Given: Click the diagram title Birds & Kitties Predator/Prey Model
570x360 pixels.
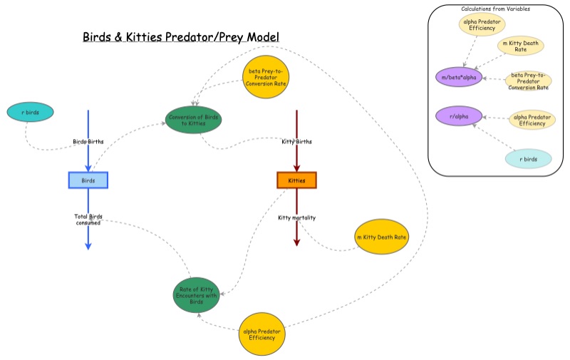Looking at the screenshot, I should pyautogui.click(x=181, y=36).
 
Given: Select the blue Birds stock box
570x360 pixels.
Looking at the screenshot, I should pyautogui.click(x=88, y=180).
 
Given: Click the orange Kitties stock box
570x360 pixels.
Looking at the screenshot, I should pyautogui.click(x=296, y=180).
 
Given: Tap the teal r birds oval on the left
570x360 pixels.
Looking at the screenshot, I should pyautogui.click(x=30, y=113).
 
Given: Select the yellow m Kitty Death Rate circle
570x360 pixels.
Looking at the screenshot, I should pyautogui.click(x=381, y=237).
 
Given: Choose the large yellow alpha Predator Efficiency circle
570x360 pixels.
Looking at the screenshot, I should pyautogui.click(x=262, y=334).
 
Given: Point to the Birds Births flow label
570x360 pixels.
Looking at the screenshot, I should pyautogui.click(x=88, y=141).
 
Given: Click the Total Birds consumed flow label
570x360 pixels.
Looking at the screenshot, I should pyautogui.click(x=88, y=220).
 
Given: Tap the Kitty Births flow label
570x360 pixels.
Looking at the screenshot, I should pyautogui.click(x=296, y=141).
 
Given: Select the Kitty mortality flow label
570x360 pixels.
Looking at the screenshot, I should pyautogui.click(x=296, y=217).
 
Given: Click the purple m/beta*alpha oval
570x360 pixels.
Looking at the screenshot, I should pyautogui.click(x=459, y=76).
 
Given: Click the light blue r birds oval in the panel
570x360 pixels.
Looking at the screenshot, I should pyautogui.click(x=528, y=159).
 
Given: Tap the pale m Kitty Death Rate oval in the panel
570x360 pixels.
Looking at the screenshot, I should pyautogui.click(x=520, y=46).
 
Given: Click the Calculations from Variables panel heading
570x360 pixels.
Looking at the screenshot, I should pyautogui.click(x=495, y=9).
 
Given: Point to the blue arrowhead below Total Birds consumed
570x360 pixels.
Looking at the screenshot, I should pyautogui.click(x=88, y=245).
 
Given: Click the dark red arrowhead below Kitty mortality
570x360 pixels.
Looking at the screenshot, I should pyautogui.click(x=296, y=242).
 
